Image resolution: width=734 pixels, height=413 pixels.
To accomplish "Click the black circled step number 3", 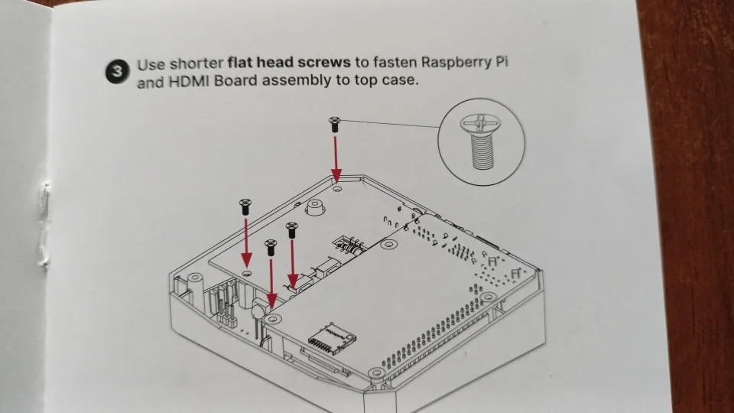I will [115, 73].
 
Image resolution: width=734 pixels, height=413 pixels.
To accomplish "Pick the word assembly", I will [297, 82].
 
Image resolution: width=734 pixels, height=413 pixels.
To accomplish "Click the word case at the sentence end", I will [401, 81].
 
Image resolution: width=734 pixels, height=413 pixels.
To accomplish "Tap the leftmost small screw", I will [245, 205].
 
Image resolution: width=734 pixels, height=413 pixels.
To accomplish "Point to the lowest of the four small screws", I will [270, 246].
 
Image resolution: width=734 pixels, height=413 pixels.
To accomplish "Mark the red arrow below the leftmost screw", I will [246, 239].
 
